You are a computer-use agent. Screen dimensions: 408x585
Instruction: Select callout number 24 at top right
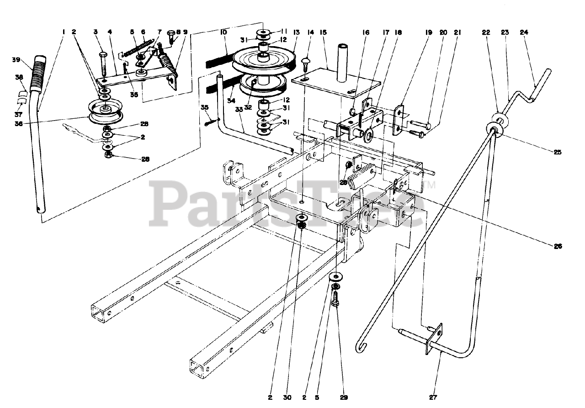(524, 32)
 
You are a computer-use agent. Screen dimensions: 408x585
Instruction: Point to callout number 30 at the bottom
(287, 397)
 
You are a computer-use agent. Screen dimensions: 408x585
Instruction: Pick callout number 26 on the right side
(558, 246)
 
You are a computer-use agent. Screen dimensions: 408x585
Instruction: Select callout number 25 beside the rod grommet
(558, 152)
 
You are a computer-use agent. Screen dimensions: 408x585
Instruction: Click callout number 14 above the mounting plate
(311, 33)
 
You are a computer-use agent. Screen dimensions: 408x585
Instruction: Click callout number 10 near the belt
(223, 33)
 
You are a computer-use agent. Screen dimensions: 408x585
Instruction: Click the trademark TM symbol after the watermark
(431, 185)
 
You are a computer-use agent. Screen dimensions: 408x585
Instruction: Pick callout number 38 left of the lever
(19, 78)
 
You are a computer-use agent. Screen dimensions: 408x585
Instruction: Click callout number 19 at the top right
(429, 32)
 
